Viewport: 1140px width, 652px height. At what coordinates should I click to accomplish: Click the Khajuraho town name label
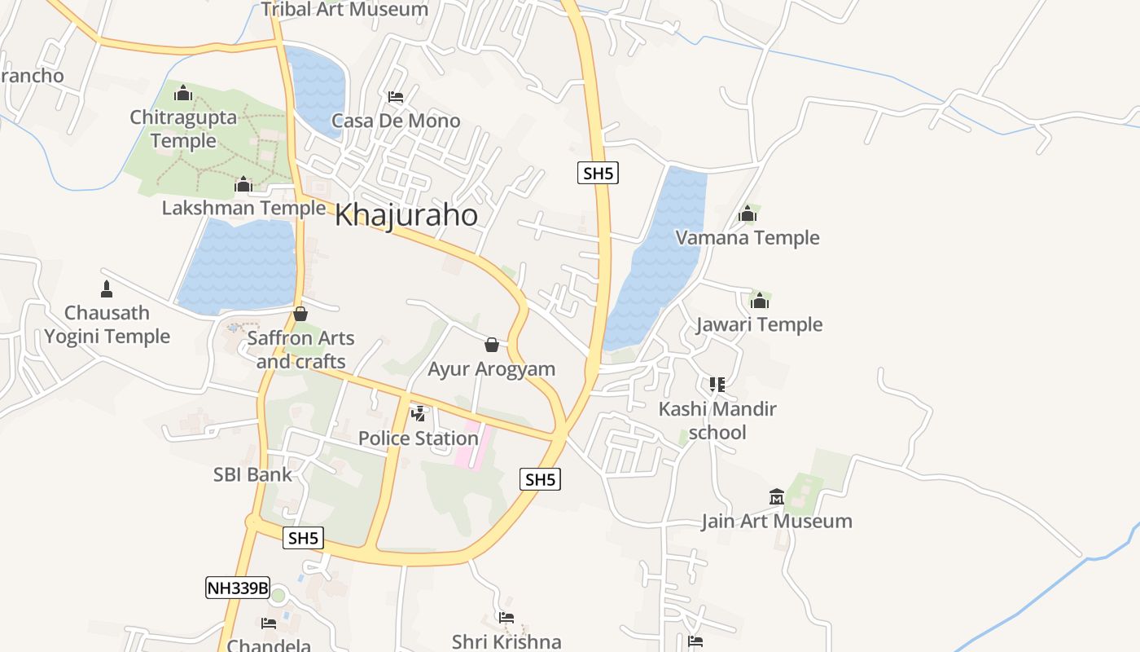(406, 215)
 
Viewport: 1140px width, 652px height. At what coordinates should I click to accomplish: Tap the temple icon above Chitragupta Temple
(183, 93)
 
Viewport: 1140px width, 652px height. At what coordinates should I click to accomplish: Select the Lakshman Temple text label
(243, 208)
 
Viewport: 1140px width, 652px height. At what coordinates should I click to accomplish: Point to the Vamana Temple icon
(747, 214)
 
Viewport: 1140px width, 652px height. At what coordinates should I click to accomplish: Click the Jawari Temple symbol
(760, 302)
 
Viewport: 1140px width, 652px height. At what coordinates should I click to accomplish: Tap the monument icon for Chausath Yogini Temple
(106, 289)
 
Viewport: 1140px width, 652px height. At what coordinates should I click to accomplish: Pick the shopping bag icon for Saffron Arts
(300, 314)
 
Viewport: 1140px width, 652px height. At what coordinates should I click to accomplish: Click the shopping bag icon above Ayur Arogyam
(491, 345)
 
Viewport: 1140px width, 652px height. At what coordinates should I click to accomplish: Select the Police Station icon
(419, 414)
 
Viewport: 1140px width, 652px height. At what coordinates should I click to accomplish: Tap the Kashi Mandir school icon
(717, 384)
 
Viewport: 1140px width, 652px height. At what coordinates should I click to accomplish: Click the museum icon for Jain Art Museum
(776, 496)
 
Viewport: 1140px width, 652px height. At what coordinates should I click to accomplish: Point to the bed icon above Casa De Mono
(396, 97)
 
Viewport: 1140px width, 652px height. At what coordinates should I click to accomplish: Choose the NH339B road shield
(237, 588)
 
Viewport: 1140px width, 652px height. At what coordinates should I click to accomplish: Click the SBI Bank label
(252, 474)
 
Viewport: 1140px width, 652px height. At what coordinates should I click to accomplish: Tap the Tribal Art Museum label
(344, 10)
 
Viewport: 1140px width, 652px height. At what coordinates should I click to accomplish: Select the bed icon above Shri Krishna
(506, 618)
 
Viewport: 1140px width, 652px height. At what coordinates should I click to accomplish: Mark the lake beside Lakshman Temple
(238, 265)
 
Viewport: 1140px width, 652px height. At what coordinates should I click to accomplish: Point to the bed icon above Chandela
(268, 623)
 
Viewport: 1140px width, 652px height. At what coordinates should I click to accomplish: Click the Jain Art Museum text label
(777, 521)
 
